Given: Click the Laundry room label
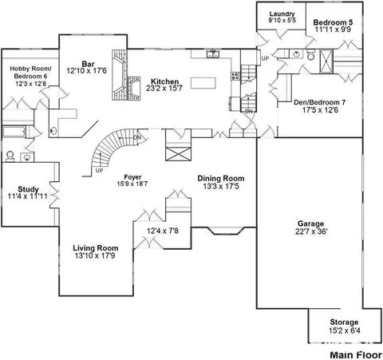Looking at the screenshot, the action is point(282,14).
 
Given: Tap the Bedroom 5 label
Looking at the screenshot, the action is point(333,22).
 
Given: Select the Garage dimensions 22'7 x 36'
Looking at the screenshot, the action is point(311,231).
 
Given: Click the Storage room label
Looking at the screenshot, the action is point(344,322).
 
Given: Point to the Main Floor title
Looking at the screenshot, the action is point(356,355).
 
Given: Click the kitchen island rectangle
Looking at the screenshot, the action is point(203,83).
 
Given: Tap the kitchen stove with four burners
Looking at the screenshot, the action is point(235,76).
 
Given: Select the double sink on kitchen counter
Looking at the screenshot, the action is point(213,54).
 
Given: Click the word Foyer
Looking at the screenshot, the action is point(132,177).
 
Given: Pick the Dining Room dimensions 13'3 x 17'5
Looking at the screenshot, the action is point(221,186).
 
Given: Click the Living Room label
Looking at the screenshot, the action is point(96,248).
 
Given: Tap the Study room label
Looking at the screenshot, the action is point(28,189).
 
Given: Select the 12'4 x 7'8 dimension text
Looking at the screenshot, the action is point(163,231).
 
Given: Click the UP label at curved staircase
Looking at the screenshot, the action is point(99,170).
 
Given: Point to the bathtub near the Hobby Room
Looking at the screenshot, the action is point(14,132).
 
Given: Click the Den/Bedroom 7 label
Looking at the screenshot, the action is point(319,102).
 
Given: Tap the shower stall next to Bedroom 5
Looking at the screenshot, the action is point(326,61).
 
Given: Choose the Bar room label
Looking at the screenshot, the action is point(88,64).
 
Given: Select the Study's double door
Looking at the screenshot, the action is point(54,195).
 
